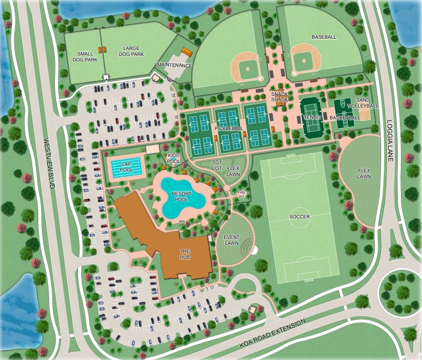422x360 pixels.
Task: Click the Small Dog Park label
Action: tap(87, 56)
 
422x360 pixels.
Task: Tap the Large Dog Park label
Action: tap(131, 51)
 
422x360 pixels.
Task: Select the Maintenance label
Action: tap(174, 65)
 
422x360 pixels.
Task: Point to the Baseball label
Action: tap(324, 37)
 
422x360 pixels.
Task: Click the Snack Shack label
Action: tap(280, 96)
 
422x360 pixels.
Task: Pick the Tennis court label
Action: tap(312, 117)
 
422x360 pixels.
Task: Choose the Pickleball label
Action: tap(229, 129)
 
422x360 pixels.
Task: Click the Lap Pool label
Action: tap(127, 167)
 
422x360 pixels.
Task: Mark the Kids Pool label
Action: tap(173, 158)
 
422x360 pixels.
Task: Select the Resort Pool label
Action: tap(180, 196)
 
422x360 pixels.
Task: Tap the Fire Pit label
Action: tap(242, 194)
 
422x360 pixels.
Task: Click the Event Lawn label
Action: tap(231, 240)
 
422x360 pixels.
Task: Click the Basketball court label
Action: tap(344, 117)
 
